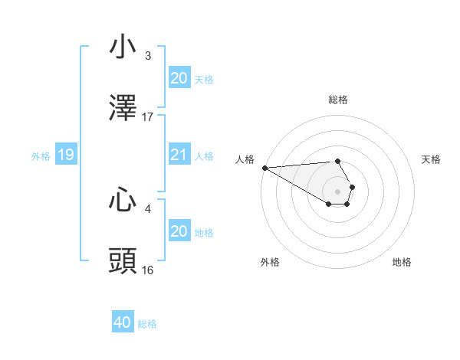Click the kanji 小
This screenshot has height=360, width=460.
pos(123,47)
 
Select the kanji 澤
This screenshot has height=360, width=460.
pos(123,108)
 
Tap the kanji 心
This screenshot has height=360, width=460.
pos(123,200)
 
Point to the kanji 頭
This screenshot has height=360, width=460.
pos(123,261)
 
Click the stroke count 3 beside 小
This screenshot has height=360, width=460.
pos(148,56)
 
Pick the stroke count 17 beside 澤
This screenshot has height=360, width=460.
pos(148,117)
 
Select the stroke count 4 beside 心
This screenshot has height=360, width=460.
pos(148,208)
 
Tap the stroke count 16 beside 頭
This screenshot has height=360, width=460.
pos(148,270)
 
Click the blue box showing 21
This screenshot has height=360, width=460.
pos(179,155)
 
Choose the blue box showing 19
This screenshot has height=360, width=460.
pos(65,155)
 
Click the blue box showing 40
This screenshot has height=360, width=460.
pos(123,323)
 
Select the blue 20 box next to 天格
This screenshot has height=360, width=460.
pos(179,78)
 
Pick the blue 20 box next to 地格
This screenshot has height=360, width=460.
pos(179,231)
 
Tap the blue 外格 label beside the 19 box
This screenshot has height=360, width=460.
pos(41,156)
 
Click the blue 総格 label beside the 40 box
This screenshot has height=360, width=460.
pos(147,324)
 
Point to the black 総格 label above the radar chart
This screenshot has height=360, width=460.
pos(337,100)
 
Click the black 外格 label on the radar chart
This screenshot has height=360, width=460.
pos(270,262)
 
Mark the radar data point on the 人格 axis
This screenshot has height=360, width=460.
pos(264,168)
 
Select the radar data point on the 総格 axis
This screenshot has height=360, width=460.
pos(337,161)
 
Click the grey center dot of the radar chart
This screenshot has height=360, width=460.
pos(337,191)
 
